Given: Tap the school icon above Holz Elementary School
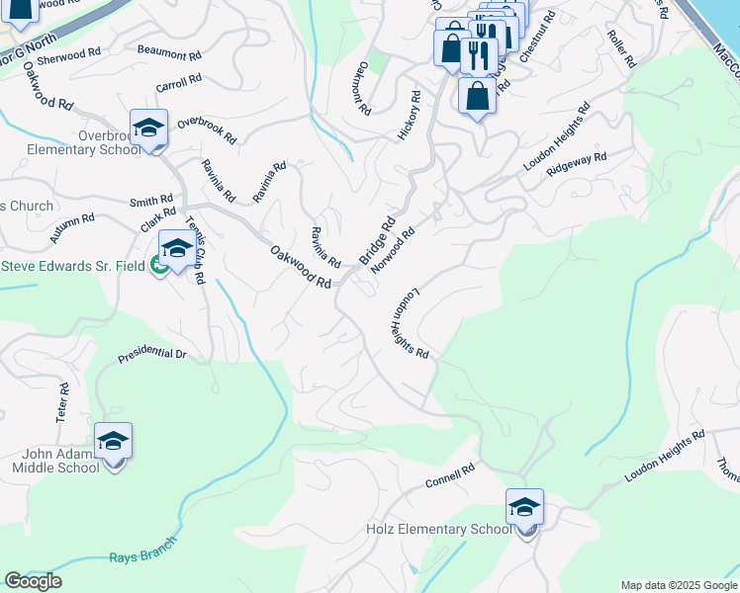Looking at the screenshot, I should click(524, 508).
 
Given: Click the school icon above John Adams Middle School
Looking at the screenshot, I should click(113, 441).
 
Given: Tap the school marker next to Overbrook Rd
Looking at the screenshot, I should click(149, 128).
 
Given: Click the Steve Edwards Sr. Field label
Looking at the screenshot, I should click(73, 266).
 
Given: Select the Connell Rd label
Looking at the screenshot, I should click(450, 476).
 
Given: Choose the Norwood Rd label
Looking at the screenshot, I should click(392, 250).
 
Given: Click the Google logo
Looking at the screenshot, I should click(33, 581).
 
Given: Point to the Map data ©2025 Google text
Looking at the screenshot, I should click(679, 585).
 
